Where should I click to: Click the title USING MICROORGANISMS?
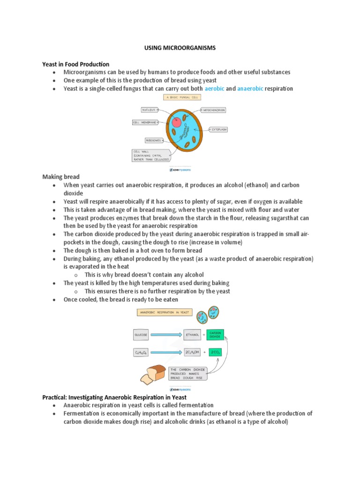point(180,48)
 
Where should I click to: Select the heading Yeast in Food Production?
point(75,64)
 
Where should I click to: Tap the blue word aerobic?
point(214,88)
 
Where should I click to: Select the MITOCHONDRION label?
point(214,110)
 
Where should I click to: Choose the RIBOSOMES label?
point(153,140)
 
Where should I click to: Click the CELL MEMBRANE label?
point(144,122)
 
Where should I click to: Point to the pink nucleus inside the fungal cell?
point(177,123)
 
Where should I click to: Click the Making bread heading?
point(61,177)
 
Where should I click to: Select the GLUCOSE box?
point(141,335)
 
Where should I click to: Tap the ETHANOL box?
point(193,335)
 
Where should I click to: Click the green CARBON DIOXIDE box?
point(215,335)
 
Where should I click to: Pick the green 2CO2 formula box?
point(215,352)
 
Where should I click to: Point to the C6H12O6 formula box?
point(141,352)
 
